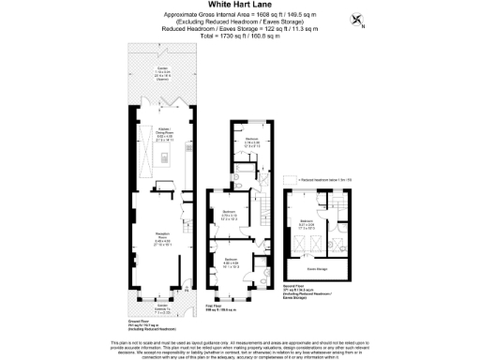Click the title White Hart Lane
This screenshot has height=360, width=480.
239,6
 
